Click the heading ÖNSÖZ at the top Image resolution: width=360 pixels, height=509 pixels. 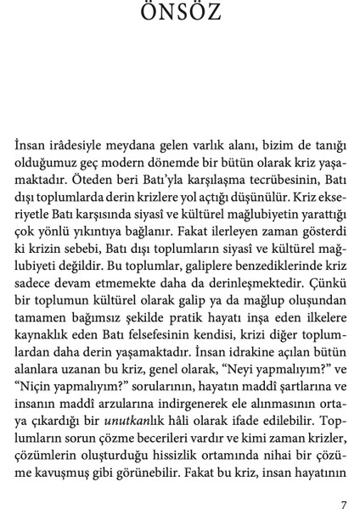coord(179,14)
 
